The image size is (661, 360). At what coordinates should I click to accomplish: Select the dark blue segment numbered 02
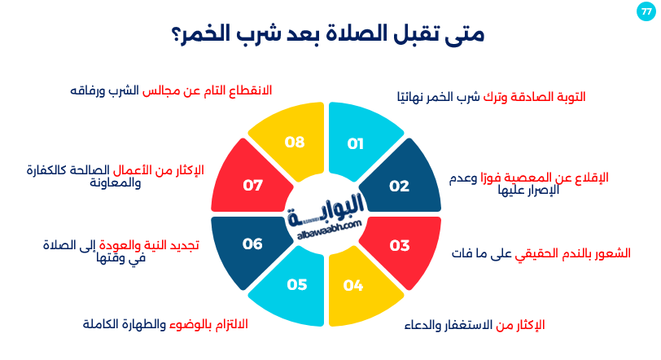click(399, 186)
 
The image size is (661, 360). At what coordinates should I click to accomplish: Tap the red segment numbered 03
click(399, 245)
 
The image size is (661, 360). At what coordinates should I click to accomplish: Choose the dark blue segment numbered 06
click(253, 244)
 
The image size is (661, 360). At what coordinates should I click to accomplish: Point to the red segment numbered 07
click(253, 186)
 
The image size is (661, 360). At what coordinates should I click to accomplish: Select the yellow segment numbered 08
click(295, 143)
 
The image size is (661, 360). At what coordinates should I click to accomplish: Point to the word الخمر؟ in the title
click(199, 37)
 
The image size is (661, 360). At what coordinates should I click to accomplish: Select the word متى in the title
click(468, 37)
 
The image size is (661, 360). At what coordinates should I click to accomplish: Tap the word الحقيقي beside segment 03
click(534, 252)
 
